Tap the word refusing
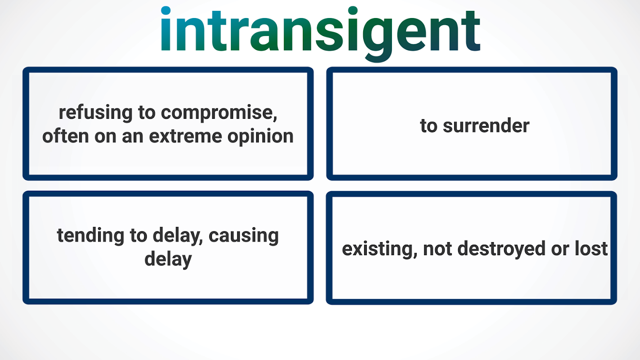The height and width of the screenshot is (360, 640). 95,113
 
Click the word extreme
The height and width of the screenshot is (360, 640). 185,136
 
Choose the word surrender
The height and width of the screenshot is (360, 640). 486,126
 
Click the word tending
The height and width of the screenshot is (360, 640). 90,236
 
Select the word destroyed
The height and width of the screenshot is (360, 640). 501,249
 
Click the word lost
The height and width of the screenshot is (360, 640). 591,248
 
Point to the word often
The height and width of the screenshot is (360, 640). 65,136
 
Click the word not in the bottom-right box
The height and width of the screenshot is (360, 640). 437,249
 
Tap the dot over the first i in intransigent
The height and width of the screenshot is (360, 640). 166,10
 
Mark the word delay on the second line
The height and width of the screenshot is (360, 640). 168,260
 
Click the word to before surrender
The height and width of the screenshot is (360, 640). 428,126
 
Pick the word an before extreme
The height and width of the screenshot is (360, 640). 133,137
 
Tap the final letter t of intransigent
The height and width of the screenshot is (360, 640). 470,31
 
